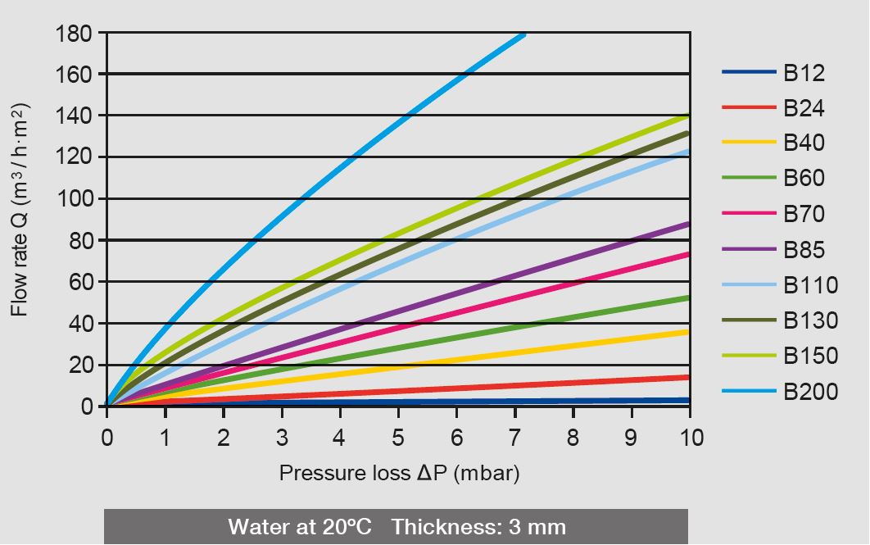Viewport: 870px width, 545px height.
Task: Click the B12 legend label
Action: (x=804, y=73)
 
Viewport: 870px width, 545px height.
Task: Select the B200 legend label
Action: (x=810, y=392)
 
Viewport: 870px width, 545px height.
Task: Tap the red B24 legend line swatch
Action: (x=749, y=107)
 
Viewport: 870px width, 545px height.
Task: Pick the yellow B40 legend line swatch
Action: (x=749, y=143)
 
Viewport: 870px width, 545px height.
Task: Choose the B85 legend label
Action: (x=804, y=250)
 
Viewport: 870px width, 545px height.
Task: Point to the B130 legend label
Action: (x=810, y=320)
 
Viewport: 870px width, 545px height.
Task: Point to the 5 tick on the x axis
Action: (x=398, y=438)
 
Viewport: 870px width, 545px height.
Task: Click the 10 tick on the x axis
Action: (x=690, y=438)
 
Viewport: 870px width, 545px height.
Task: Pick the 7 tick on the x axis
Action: (x=514, y=438)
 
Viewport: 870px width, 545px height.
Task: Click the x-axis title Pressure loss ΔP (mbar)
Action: (x=399, y=474)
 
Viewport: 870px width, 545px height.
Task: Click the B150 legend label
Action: (x=810, y=356)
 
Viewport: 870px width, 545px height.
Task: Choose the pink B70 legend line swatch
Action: (x=749, y=214)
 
